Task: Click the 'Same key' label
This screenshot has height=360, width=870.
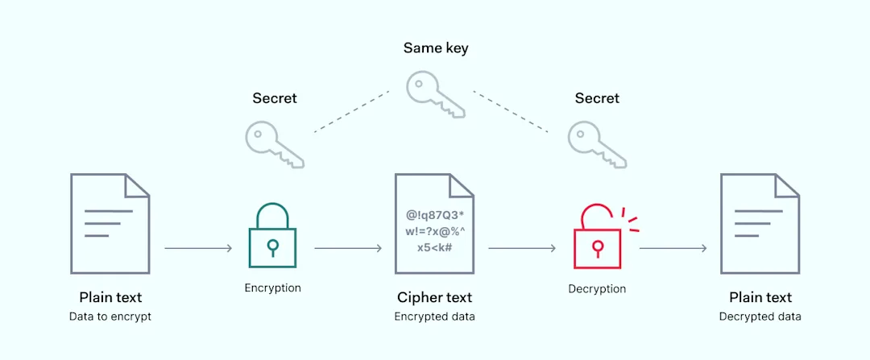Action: point(435,48)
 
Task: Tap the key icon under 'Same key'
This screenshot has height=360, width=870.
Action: point(433,93)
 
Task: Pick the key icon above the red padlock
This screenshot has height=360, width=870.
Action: point(596,145)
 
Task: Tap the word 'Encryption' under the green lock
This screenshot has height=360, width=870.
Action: point(273,288)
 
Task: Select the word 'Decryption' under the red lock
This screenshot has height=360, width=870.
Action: point(597,288)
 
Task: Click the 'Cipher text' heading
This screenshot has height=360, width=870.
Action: point(434,298)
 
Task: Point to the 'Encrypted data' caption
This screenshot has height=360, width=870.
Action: point(434,317)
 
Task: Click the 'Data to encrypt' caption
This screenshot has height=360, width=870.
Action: point(110,317)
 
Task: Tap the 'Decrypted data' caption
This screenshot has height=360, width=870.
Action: point(760,317)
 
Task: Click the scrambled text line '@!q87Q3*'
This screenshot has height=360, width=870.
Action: point(434,215)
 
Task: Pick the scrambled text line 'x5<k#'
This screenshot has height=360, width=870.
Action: point(434,247)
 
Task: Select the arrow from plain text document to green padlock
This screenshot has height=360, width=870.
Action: point(198,248)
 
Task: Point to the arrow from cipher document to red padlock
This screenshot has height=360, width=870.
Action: point(522,248)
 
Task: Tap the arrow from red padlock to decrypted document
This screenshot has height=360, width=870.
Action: point(673,248)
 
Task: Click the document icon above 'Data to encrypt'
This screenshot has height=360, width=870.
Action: point(110,223)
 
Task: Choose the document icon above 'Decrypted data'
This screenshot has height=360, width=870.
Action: point(760,223)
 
